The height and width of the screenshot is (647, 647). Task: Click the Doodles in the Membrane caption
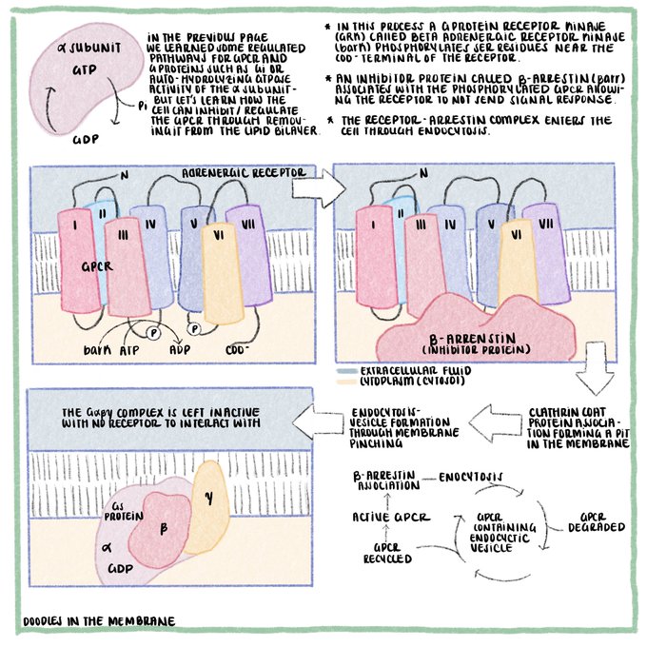click(100, 621)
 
